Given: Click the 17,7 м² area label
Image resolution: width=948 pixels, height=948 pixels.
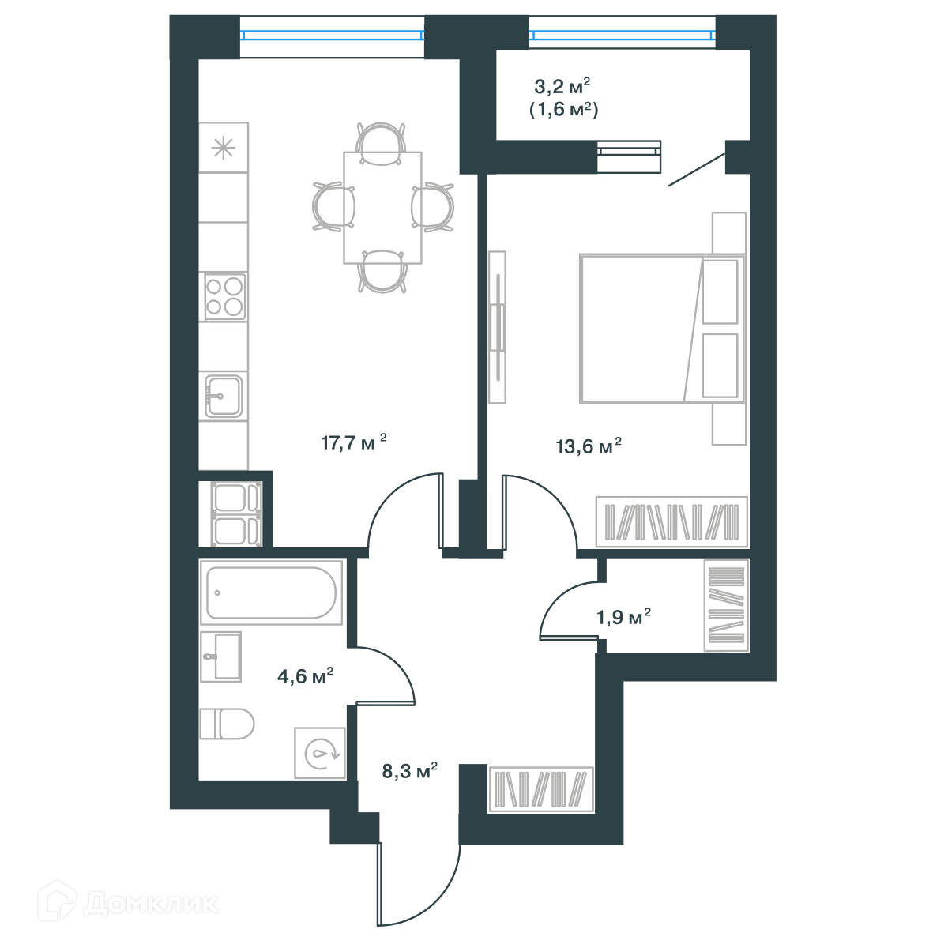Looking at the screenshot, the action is pos(353,442).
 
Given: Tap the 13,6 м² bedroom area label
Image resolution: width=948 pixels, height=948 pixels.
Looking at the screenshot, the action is pos(589,446).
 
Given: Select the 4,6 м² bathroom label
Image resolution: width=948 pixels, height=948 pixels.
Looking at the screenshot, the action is pos(305,675).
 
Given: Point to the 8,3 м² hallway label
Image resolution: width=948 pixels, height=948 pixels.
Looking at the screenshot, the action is pos(410,770).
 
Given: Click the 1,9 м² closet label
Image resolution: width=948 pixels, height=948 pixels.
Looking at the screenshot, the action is pos(623,616).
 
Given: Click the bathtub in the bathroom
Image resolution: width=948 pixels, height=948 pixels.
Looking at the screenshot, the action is pos(271,592).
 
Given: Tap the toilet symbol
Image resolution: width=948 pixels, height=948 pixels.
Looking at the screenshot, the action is pos(227,724).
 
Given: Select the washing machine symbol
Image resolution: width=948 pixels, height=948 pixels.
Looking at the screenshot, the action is pos(320,753).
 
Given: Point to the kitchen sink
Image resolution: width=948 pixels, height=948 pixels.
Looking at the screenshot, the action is pos(224,396).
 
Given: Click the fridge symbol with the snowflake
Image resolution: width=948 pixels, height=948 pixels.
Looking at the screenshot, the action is pos(224,148).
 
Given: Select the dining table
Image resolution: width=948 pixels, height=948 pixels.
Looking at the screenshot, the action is pos(382,208).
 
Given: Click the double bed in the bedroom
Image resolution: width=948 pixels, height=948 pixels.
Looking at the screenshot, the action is pos(662,329).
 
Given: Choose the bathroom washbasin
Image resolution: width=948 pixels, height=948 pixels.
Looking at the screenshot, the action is pos(221,656).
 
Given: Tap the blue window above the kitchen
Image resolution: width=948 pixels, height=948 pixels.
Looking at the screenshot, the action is pos(332,35).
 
